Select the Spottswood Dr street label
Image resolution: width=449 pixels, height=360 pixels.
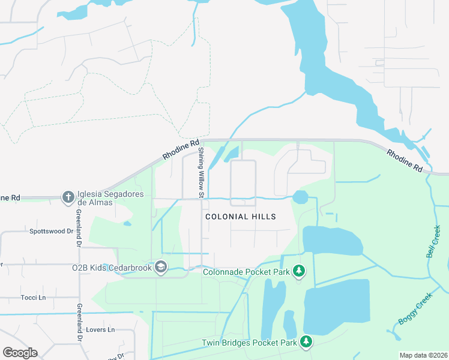pyautogui.click(x=51, y=230)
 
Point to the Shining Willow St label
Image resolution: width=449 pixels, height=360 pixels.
pyautogui.click(x=202, y=172)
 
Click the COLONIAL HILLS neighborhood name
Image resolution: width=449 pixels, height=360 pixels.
pyautogui.click(x=241, y=217)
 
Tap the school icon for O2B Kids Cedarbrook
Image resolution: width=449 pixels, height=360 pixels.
pyautogui.click(x=160, y=266)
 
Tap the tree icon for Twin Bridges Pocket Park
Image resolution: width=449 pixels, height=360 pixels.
pyautogui.click(x=307, y=343)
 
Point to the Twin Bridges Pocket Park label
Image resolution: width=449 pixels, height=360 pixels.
pyautogui.click(x=249, y=343)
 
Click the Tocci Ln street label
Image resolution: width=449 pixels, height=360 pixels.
pyautogui.click(x=34, y=298)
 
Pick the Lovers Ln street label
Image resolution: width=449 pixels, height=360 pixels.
pyautogui.click(x=100, y=330)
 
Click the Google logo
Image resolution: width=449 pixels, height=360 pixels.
pyautogui.click(x=20, y=353)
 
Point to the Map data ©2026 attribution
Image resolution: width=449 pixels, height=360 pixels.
pyautogui.click(x=423, y=355)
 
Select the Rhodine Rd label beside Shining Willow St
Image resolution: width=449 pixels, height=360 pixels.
pyautogui.click(x=179, y=151)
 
